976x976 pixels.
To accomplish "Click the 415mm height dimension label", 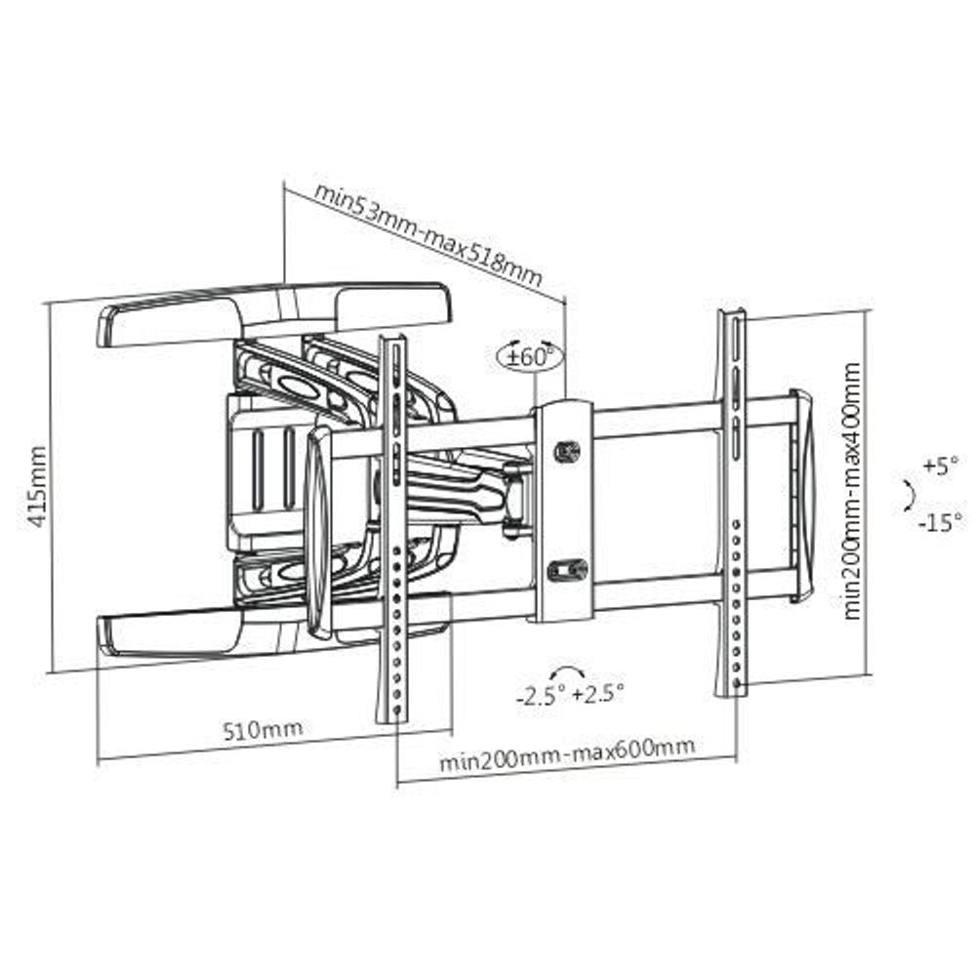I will pyautogui.click(x=37, y=486).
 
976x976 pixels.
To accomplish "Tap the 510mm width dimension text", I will pyautogui.click(x=263, y=729).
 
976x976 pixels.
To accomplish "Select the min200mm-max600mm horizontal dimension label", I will pyautogui.click(x=566, y=753).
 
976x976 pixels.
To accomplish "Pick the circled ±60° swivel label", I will pyautogui.click(x=529, y=355).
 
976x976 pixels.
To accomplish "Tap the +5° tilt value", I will pyautogui.click(x=941, y=466).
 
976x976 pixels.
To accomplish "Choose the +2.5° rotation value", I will pyautogui.click(x=597, y=695).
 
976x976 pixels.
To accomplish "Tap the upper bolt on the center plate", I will pyautogui.click(x=567, y=451).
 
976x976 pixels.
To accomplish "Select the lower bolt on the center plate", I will pyautogui.click(x=567, y=568).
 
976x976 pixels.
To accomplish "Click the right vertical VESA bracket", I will pyautogui.click(x=731, y=503).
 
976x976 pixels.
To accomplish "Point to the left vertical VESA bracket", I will pyautogui.click(x=391, y=527).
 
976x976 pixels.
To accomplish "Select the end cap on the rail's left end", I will pyautogui.click(x=318, y=535).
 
